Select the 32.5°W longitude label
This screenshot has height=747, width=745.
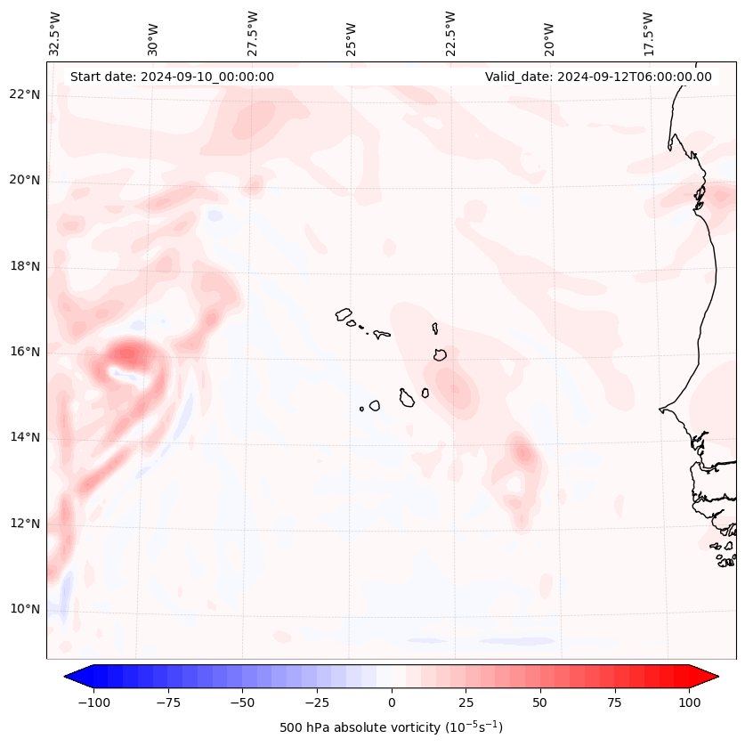[55, 33]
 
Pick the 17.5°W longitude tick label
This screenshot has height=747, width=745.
[648, 33]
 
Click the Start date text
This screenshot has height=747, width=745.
[172, 77]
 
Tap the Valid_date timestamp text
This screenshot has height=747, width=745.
[598, 77]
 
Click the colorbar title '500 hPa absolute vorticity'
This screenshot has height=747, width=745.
[391, 727]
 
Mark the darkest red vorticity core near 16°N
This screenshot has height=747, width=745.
[127, 354]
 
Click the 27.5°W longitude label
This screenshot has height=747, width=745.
[253, 33]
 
